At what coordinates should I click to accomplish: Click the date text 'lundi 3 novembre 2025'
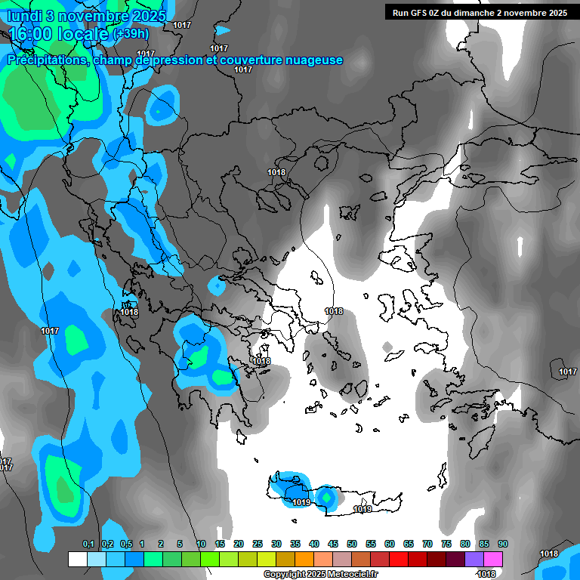click(87, 14)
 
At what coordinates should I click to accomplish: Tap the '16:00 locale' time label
click(59, 33)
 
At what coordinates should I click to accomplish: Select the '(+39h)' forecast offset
click(131, 33)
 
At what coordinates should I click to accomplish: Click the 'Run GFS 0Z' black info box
click(480, 12)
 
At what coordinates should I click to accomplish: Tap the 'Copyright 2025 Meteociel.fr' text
click(321, 575)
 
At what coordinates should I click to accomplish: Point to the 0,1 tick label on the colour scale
click(88, 545)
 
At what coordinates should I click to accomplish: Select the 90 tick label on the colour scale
click(503, 545)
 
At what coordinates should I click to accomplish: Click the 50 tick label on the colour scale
click(352, 545)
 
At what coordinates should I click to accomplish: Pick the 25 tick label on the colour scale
click(258, 545)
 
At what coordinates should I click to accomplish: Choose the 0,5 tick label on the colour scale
click(126, 545)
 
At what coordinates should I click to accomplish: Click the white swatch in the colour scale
click(78, 559)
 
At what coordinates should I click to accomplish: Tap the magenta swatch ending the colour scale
click(493, 559)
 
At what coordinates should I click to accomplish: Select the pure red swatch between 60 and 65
click(399, 559)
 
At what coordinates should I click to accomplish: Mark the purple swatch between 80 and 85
click(474, 559)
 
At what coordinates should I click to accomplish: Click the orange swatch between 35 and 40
click(304, 559)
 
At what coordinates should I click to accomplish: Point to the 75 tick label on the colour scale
click(446, 545)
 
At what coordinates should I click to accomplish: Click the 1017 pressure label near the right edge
click(567, 372)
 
